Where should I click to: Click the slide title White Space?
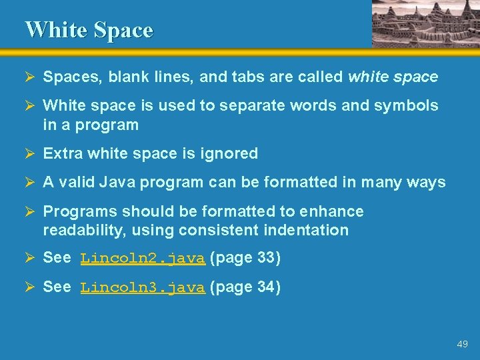coord(89,30)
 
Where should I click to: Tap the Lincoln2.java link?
coord(142,259)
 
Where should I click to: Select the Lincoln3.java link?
coord(142,288)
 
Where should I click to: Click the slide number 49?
coord(462,344)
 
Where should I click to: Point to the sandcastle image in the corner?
coord(425,23)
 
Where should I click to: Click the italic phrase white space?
coord(393,77)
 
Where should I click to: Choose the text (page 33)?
coord(245,258)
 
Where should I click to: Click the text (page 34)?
coord(245,287)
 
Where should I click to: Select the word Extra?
coord(62,153)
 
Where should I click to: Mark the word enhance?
coord(331,211)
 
